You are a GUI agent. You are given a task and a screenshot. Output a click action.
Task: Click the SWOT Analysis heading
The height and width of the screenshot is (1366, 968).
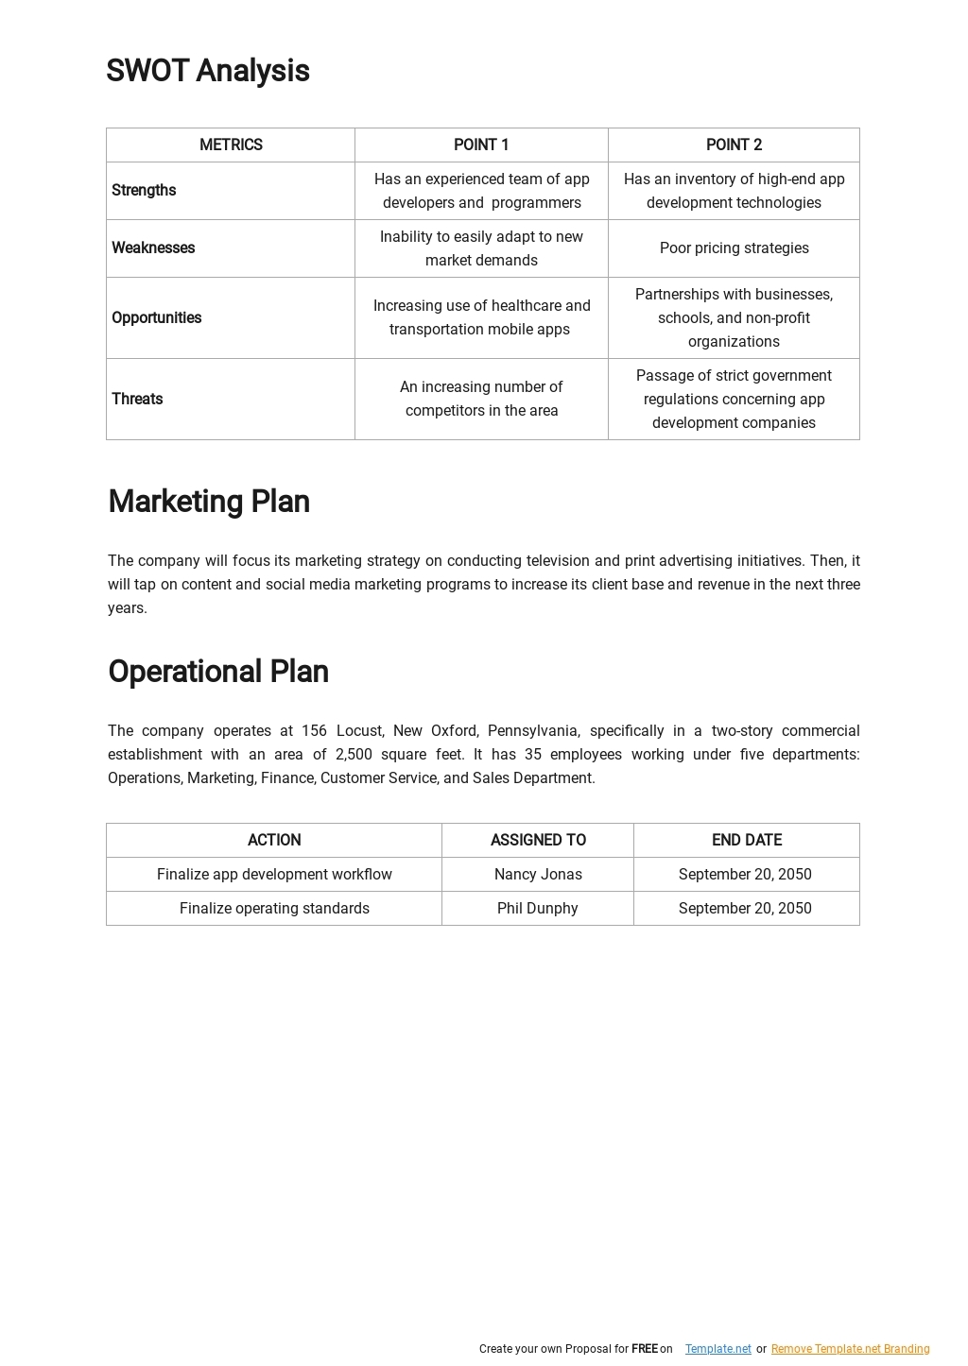click(x=208, y=71)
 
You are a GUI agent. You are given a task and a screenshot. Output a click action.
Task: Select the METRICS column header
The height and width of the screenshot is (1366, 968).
click(x=231, y=145)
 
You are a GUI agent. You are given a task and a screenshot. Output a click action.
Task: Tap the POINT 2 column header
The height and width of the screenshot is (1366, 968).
click(x=734, y=145)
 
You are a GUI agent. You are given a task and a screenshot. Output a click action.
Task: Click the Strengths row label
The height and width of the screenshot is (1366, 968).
click(x=144, y=191)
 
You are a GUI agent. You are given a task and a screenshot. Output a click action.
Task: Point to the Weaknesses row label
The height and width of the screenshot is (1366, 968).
click(x=153, y=248)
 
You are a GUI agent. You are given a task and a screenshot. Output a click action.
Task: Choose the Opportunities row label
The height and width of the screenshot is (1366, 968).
click(x=156, y=318)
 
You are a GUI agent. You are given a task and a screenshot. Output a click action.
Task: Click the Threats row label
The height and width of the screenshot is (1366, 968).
click(x=137, y=400)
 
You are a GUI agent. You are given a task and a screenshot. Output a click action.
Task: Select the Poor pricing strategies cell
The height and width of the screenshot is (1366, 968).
click(x=734, y=248)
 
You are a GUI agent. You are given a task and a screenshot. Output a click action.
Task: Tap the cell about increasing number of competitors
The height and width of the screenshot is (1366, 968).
click(x=481, y=399)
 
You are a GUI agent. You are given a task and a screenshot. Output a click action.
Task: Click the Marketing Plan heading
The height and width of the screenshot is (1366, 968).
click(x=209, y=502)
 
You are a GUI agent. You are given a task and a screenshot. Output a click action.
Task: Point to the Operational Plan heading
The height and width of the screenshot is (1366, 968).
click(x=218, y=672)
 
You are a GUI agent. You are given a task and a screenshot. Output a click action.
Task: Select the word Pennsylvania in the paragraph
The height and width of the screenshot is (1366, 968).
click(x=532, y=731)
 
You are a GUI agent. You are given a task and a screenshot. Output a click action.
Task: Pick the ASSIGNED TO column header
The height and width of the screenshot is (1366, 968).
click(x=538, y=841)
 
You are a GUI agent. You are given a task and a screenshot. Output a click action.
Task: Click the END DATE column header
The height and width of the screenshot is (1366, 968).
click(x=746, y=841)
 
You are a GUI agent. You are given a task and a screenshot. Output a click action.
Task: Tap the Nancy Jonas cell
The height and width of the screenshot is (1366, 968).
click(x=538, y=875)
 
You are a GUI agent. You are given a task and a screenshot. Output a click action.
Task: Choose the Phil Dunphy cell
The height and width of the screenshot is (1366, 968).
click(x=537, y=909)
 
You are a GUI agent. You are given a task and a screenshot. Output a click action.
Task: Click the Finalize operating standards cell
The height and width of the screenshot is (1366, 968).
click(x=274, y=909)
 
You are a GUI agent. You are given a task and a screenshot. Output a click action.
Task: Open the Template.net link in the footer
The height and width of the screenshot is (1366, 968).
click(x=717, y=1349)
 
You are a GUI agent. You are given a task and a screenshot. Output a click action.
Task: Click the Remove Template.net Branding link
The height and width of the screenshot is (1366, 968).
click(x=850, y=1349)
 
